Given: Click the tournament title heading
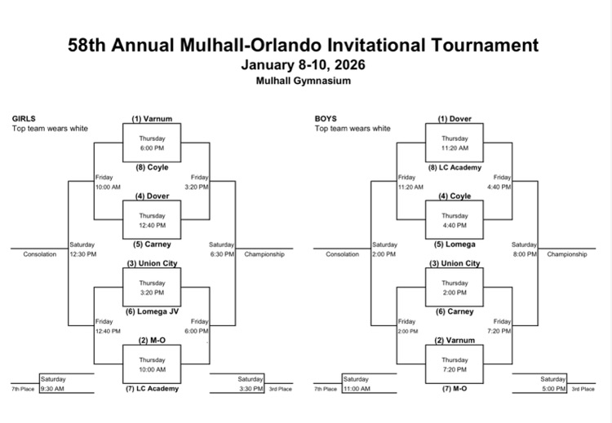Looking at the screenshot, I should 304,45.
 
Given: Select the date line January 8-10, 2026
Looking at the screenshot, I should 304,65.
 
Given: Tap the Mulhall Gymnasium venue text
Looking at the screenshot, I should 304,81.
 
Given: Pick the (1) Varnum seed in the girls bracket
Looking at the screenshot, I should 152,119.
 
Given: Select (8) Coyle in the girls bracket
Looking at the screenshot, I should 152,167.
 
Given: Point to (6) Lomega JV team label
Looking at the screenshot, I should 152,311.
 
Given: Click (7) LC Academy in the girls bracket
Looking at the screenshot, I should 152,389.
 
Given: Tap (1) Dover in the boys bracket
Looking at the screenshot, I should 455,119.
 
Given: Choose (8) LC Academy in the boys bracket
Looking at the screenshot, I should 455,167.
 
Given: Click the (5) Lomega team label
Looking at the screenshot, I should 455,244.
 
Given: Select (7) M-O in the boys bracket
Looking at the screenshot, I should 455,389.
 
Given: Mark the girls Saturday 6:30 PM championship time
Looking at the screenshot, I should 222,254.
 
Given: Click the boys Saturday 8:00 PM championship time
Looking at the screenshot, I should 524,254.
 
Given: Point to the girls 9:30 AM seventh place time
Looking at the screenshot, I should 54,389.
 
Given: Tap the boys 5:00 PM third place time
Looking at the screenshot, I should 552,389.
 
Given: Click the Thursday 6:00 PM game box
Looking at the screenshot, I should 152,143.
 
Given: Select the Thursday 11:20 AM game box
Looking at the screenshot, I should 455,143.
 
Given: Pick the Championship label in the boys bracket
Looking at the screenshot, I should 566,254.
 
